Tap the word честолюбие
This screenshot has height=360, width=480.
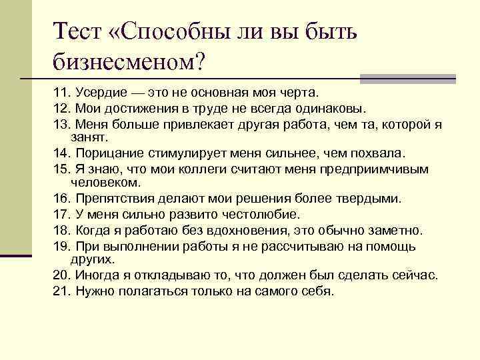pyautogui.click(x=262, y=215)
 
